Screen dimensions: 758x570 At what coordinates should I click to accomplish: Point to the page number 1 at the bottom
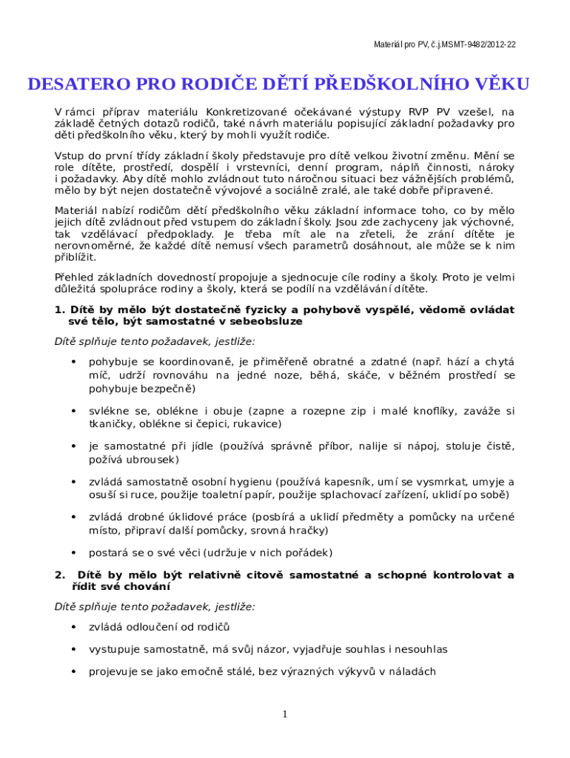284,714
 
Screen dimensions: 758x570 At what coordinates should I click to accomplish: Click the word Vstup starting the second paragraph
71,156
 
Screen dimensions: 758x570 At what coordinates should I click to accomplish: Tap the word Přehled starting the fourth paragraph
74,277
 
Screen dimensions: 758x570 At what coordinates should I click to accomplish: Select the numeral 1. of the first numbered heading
60,309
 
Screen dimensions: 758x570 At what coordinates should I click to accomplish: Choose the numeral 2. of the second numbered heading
60,575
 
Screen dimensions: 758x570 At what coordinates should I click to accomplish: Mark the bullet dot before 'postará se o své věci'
73,553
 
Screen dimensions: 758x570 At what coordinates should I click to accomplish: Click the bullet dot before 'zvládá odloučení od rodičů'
73,628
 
